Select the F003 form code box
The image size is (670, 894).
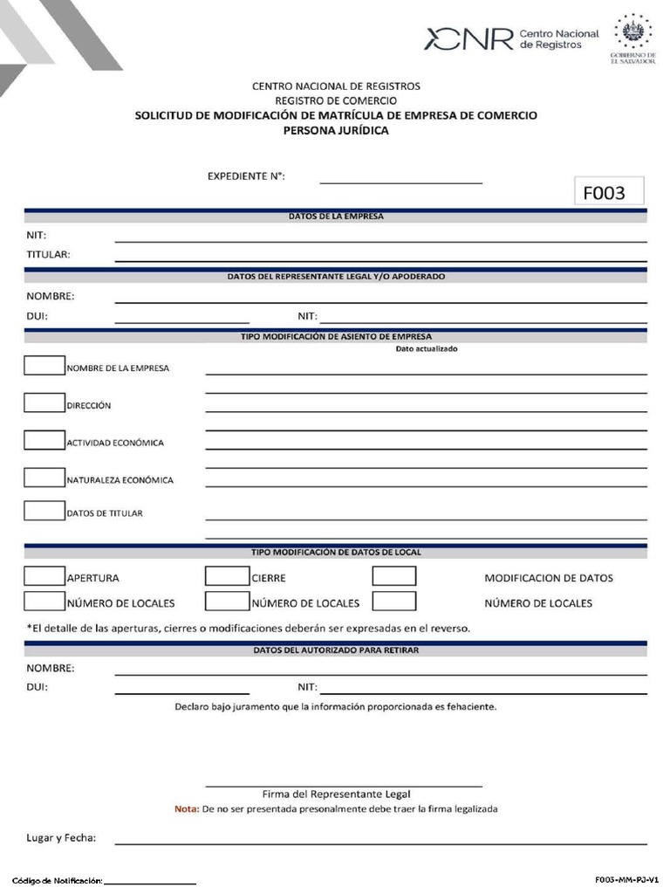[x=608, y=191]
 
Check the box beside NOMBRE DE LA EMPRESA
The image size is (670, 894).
[x=44, y=366]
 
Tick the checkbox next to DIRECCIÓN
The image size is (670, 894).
[x=44, y=403]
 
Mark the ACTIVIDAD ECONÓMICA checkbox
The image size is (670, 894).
[x=44, y=440]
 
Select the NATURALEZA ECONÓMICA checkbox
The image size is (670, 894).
[x=44, y=478]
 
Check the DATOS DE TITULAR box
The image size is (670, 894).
[x=44, y=511]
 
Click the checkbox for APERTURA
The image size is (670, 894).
[x=44, y=576]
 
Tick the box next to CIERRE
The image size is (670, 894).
[x=227, y=576]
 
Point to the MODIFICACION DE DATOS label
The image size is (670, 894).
[x=548, y=578]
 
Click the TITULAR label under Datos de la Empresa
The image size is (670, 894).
[x=48, y=255]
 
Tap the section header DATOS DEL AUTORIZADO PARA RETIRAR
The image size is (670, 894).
[x=336, y=650]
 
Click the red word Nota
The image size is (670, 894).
[x=187, y=809]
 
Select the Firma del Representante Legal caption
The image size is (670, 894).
[x=336, y=794]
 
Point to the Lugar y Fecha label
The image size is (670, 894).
[x=61, y=838]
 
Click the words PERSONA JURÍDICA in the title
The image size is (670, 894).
[x=336, y=131]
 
